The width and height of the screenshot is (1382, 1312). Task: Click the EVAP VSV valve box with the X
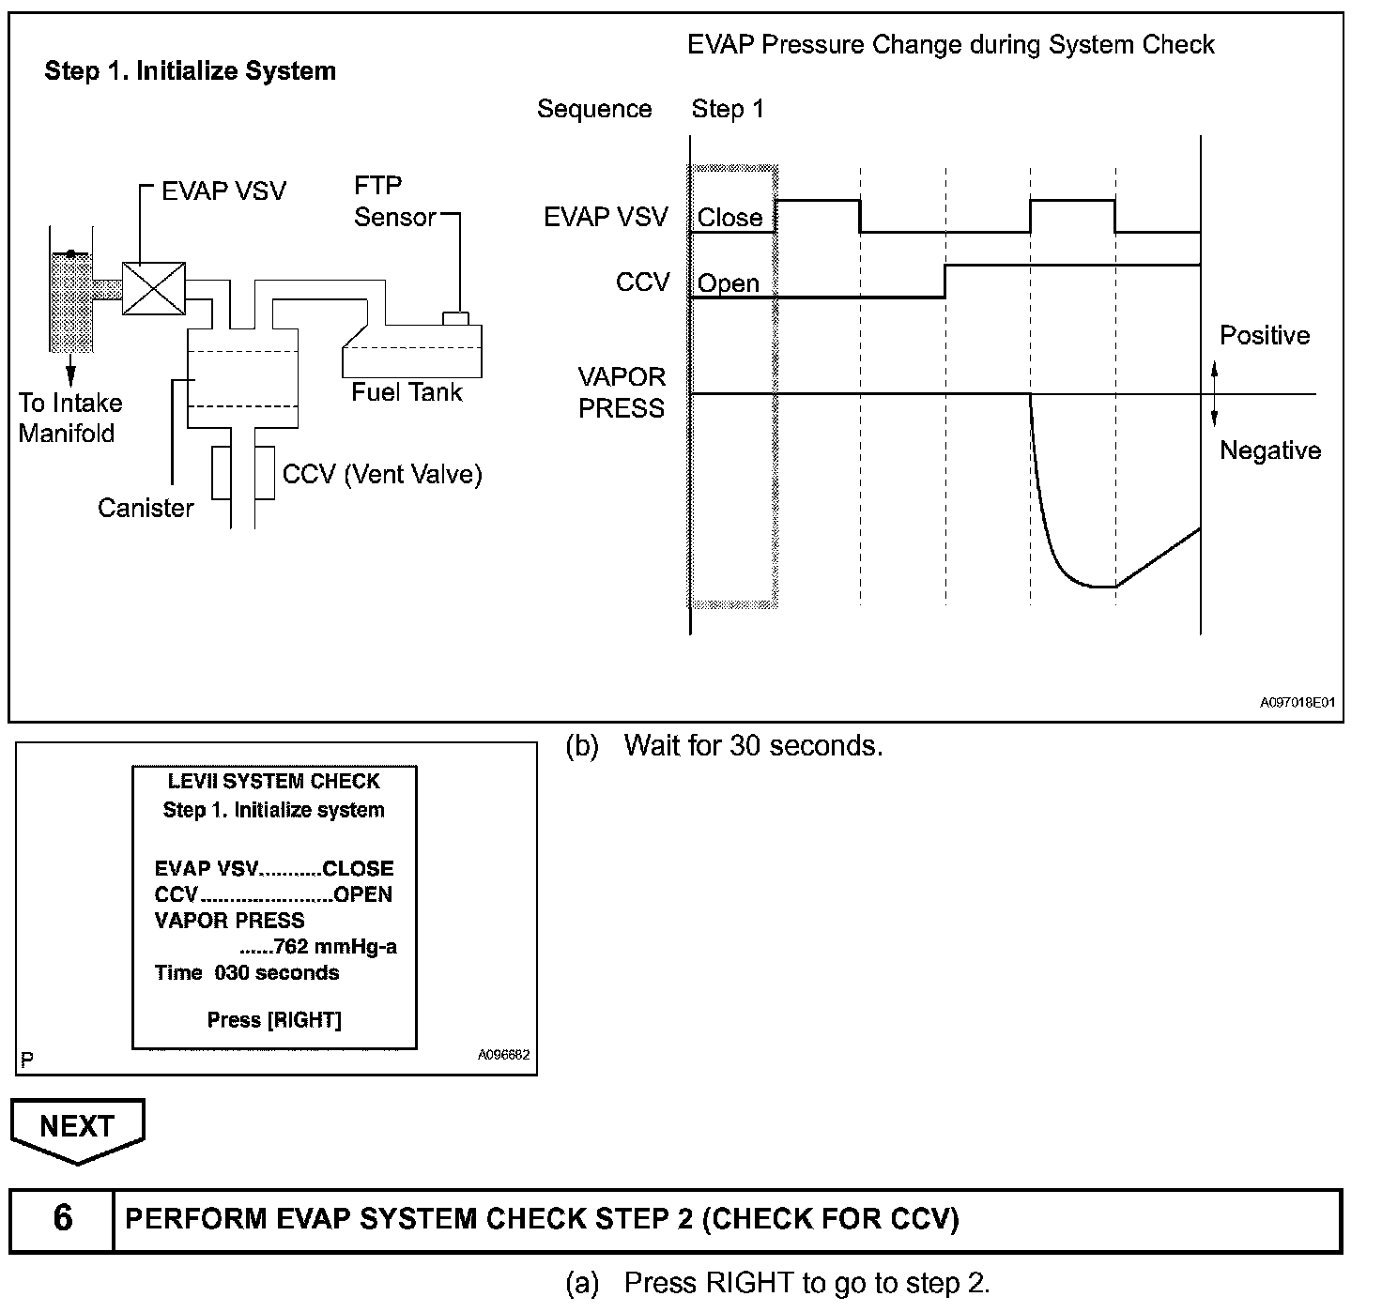[154, 289]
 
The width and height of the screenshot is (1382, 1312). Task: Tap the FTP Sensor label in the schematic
[394, 202]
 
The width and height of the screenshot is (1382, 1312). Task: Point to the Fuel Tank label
[407, 391]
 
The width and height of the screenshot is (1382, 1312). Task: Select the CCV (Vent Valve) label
[382, 474]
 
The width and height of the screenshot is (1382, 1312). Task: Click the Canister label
[146, 508]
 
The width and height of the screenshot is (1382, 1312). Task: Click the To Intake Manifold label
[69, 418]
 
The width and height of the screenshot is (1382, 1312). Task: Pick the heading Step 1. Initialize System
[191, 71]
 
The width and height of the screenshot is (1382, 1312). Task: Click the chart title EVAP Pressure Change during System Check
[951, 45]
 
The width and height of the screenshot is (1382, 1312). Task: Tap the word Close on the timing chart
[729, 218]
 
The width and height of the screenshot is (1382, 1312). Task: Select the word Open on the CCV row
[728, 283]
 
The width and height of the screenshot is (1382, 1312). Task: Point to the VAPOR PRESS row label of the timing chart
[622, 392]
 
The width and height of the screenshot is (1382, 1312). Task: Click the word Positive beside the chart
[1265, 335]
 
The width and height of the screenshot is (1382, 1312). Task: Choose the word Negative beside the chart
[1269, 450]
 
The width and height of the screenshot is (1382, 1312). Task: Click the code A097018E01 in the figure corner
[1298, 702]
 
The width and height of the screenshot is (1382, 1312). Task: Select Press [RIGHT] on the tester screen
[274, 1020]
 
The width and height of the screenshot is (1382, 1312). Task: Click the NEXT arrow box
[77, 1128]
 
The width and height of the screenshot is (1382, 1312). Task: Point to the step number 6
[63, 1218]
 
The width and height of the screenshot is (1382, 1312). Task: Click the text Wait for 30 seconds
[753, 746]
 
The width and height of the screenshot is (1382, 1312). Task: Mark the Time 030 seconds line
[247, 973]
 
